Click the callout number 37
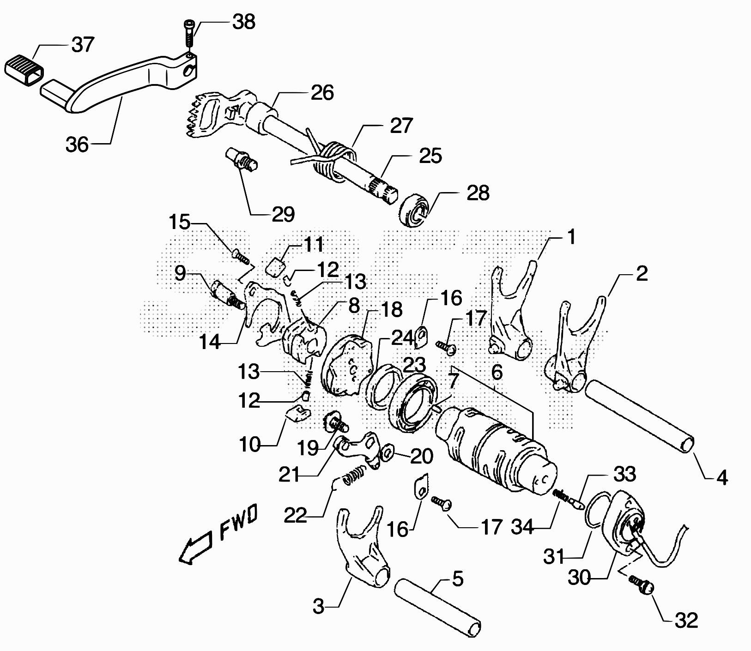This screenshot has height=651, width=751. point(83,45)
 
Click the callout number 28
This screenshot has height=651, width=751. point(478,193)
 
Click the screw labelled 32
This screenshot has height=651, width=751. point(642,584)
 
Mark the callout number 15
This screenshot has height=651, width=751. point(179,223)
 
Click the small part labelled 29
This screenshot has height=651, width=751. point(242,159)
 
